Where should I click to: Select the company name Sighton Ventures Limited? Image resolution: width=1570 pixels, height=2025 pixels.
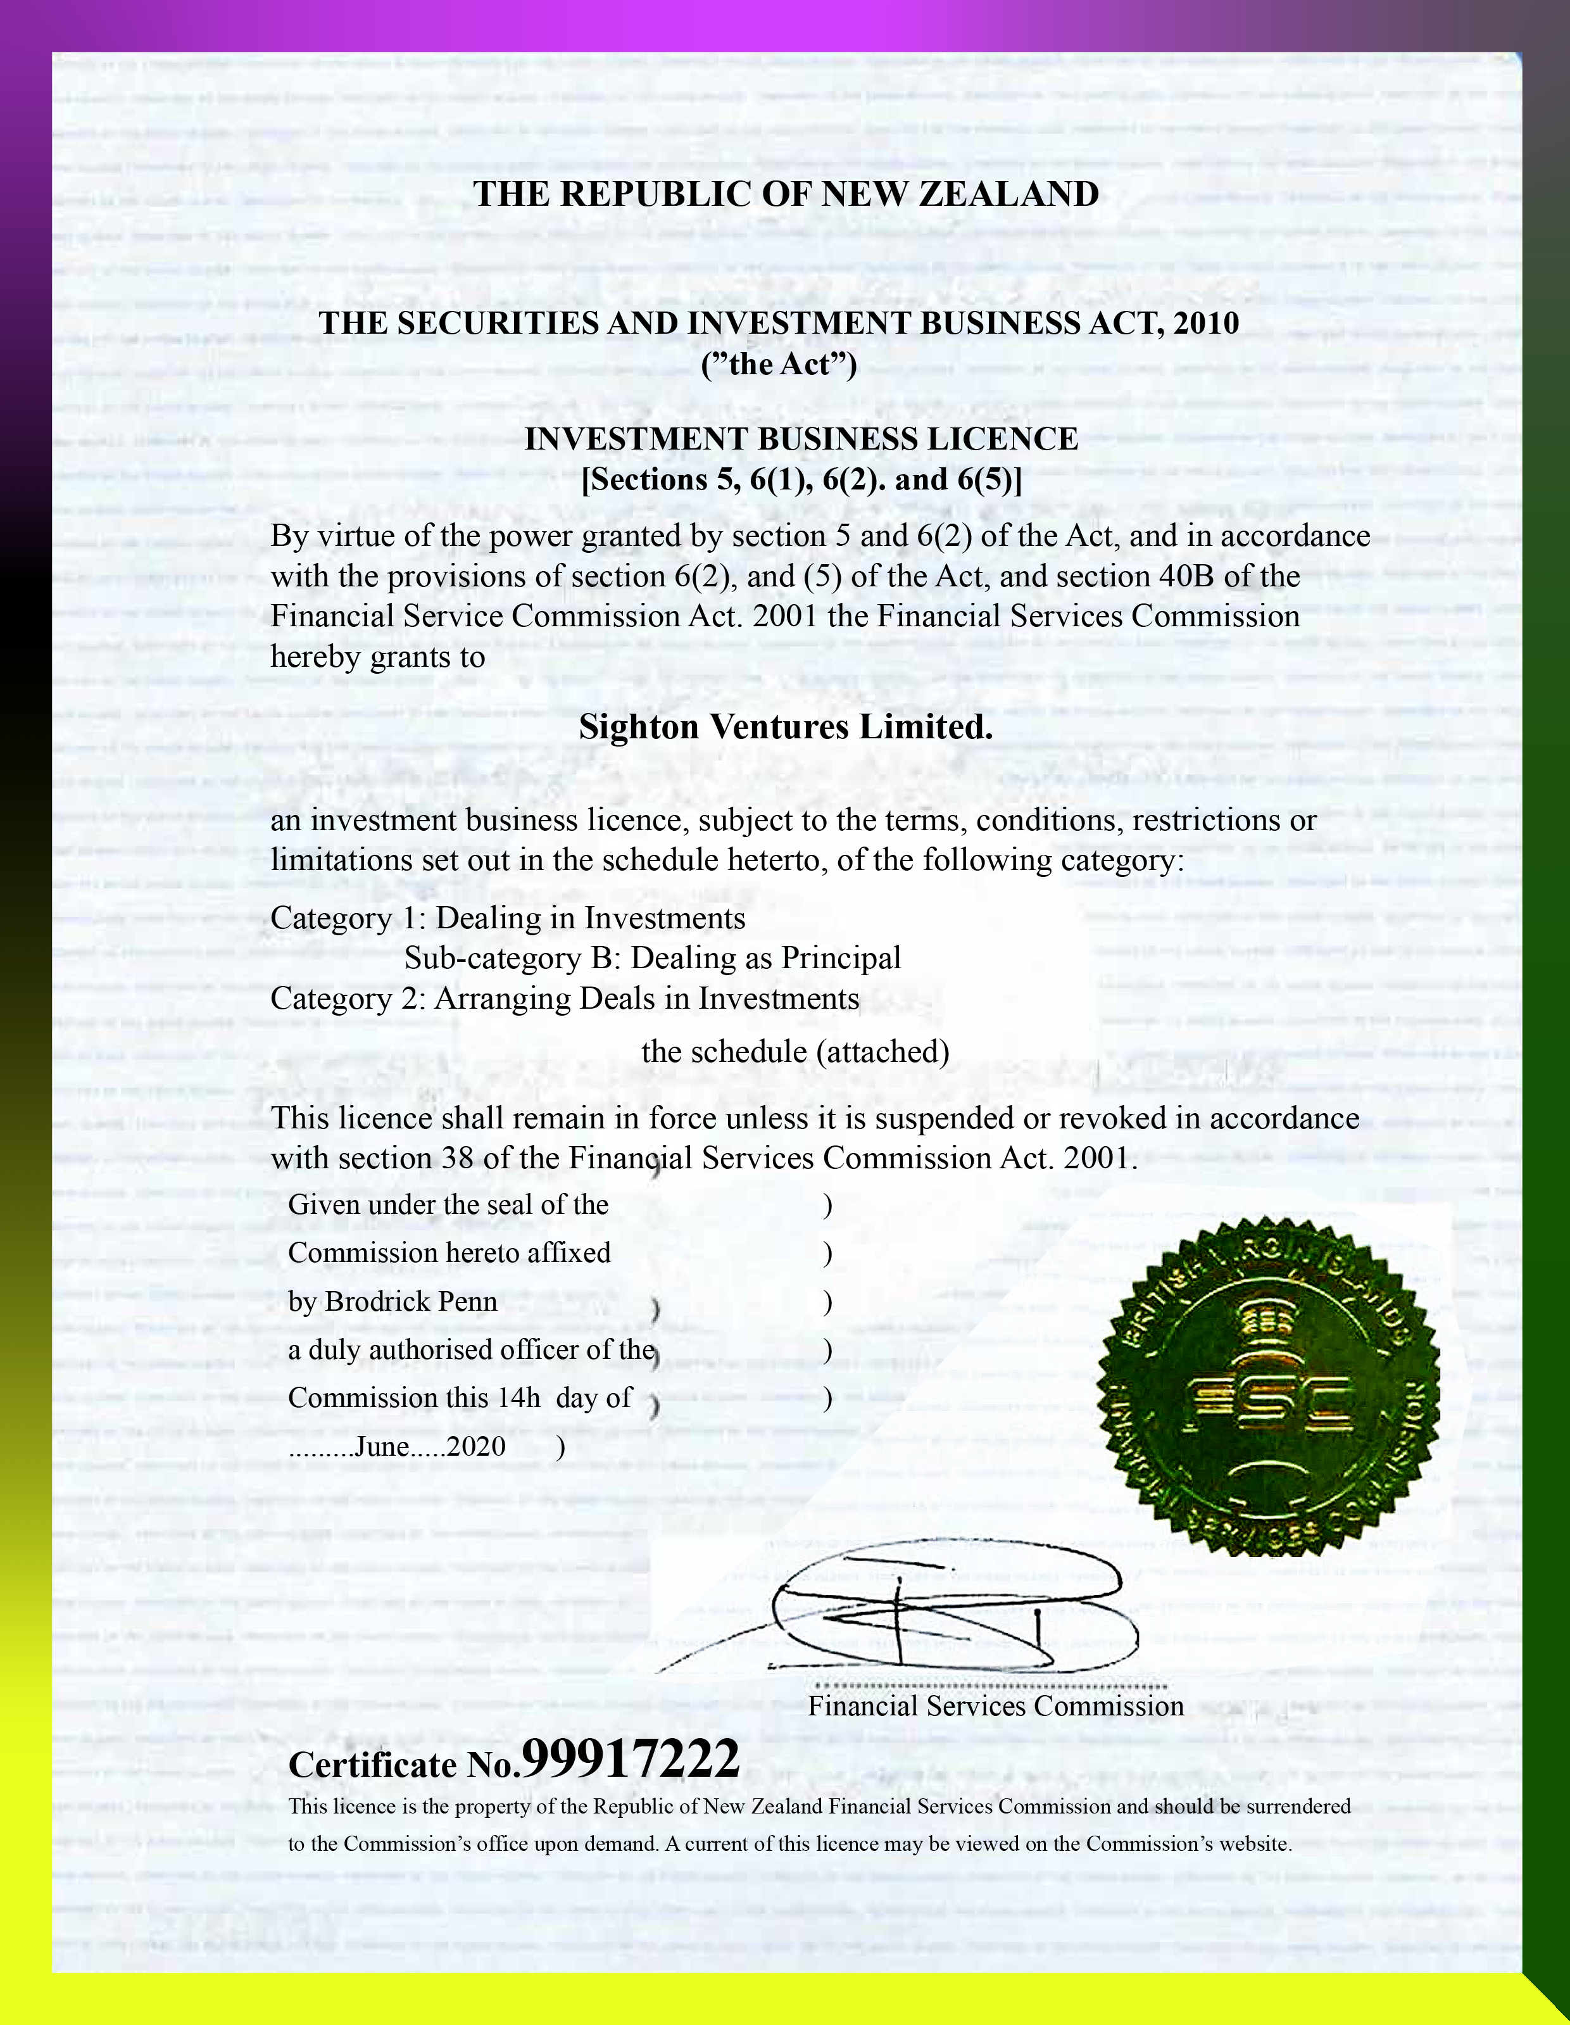(x=785, y=727)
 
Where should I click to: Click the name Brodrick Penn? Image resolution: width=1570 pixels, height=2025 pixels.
(x=411, y=1302)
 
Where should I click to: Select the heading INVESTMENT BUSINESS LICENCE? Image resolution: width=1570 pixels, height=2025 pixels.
(x=801, y=439)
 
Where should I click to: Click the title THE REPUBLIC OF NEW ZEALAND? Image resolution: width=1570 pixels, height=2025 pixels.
(x=786, y=194)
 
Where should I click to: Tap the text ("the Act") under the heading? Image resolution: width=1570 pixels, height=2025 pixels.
(x=779, y=364)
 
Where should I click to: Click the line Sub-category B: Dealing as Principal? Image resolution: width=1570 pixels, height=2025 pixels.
(x=653, y=958)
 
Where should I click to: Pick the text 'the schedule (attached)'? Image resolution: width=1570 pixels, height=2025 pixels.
(x=795, y=1051)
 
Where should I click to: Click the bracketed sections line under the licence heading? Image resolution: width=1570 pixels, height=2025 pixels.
(x=801, y=479)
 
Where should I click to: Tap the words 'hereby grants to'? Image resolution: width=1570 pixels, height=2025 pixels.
(x=377, y=657)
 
